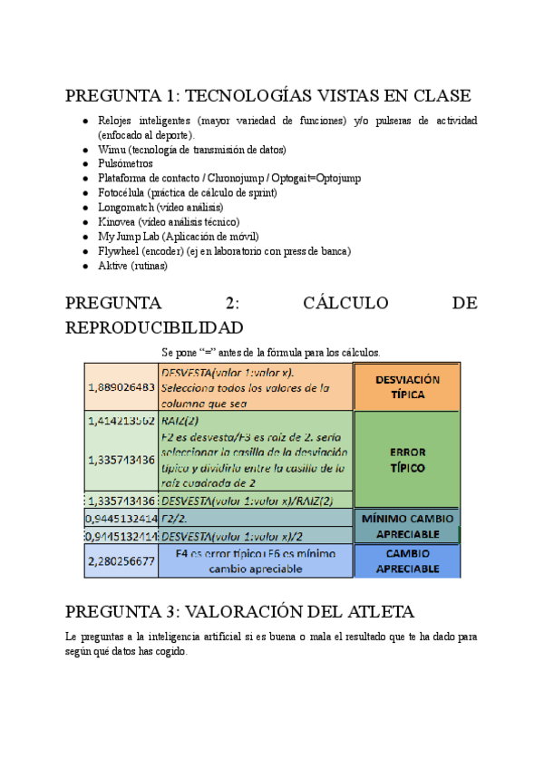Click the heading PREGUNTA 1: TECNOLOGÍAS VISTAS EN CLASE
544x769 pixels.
tap(268, 95)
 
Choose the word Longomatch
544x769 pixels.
tap(127, 207)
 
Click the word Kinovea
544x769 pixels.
tap(119, 221)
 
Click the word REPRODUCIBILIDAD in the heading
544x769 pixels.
tap(154, 326)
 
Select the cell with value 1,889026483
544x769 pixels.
tap(121, 386)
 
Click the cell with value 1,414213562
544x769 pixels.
tap(121, 421)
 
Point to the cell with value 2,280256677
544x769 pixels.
tap(121, 561)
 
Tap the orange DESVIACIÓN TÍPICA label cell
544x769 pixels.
tap(406, 387)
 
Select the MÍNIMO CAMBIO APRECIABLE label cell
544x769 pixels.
tap(406, 526)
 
